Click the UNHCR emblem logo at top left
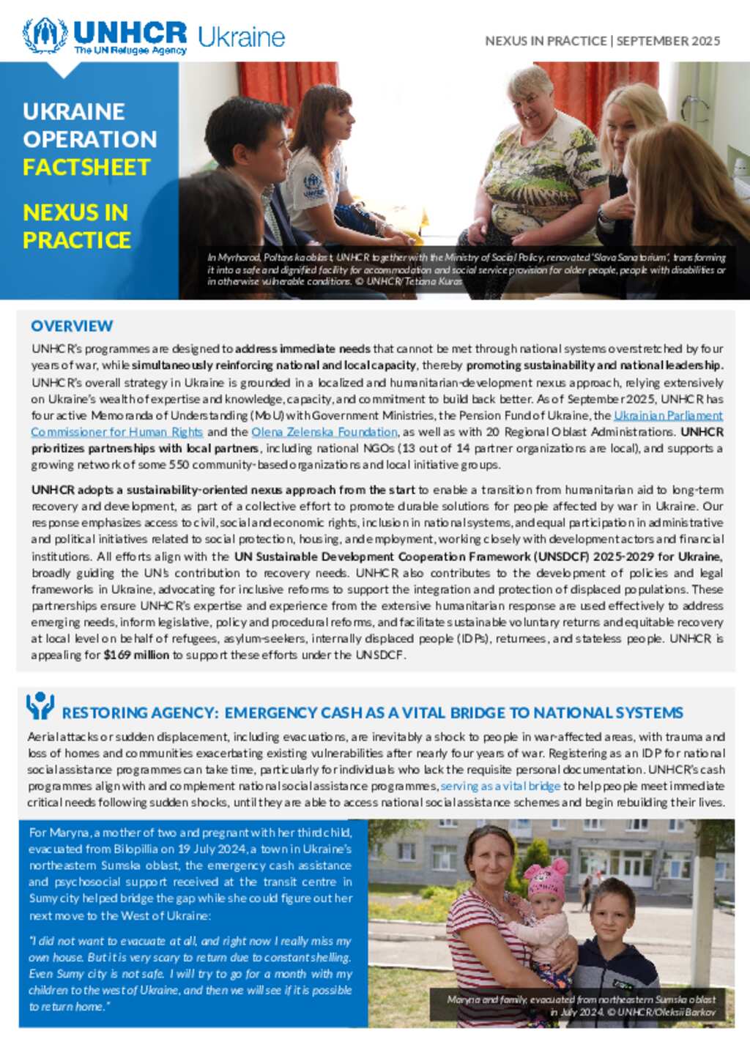pyautogui.click(x=45, y=35)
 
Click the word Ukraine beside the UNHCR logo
pyautogui.click(x=241, y=37)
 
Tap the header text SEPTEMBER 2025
pyautogui.click(x=668, y=41)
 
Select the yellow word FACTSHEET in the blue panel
pyautogui.click(x=86, y=168)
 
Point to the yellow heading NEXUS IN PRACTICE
pyautogui.click(x=76, y=226)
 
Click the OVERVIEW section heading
pyautogui.click(x=72, y=326)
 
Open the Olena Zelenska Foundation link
pyautogui.click(x=324, y=432)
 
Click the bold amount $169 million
pyautogui.click(x=136, y=655)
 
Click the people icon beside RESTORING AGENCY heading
pyautogui.click(x=40, y=706)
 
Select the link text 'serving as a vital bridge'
pyautogui.click(x=500, y=786)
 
